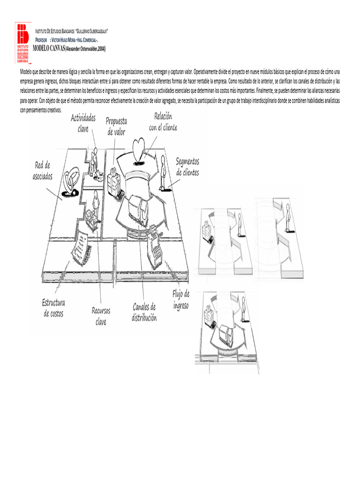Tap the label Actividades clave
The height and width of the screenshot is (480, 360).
(x=83, y=123)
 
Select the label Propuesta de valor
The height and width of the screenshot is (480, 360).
(x=117, y=127)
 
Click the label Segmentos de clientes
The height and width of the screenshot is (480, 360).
(x=187, y=167)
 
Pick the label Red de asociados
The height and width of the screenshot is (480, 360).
(x=43, y=171)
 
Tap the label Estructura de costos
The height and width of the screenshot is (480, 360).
(x=53, y=307)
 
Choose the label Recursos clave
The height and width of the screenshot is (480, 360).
(x=101, y=316)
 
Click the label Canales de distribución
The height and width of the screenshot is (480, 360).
(x=144, y=312)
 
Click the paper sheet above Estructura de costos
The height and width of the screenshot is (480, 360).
(x=81, y=244)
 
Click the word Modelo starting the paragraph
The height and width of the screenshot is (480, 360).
(x=27, y=71)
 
